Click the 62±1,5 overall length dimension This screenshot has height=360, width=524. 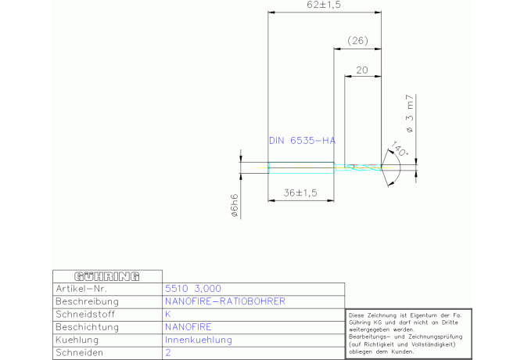click(x=324, y=5)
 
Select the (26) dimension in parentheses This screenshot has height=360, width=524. click(x=357, y=41)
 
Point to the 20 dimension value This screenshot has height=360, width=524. click(x=362, y=70)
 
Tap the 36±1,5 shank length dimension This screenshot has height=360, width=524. click(x=300, y=193)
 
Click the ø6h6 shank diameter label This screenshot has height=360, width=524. click(x=235, y=205)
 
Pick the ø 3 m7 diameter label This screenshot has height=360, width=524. click(x=409, y=113)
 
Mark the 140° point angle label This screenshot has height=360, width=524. click(x=400, y=149)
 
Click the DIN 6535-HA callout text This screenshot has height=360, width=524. click(x=302, y=141)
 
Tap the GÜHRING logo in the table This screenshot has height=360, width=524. click(x=107, y=276)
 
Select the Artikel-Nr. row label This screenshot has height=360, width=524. click(x=81, y=289)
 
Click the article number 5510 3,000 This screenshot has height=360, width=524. click(x=193, y=289)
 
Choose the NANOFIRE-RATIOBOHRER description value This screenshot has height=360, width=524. click(x=225, y=301)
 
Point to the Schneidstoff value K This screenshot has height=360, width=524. click(x=168, y=314)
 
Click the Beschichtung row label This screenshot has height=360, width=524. click(x=88, y=327)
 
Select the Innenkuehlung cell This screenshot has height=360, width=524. click(x=199, y=340)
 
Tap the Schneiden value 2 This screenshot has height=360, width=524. click(x=168, y=353)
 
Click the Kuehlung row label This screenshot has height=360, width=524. click(x=77, y=340)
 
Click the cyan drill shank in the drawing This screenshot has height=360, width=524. click(x=301, y=167)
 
